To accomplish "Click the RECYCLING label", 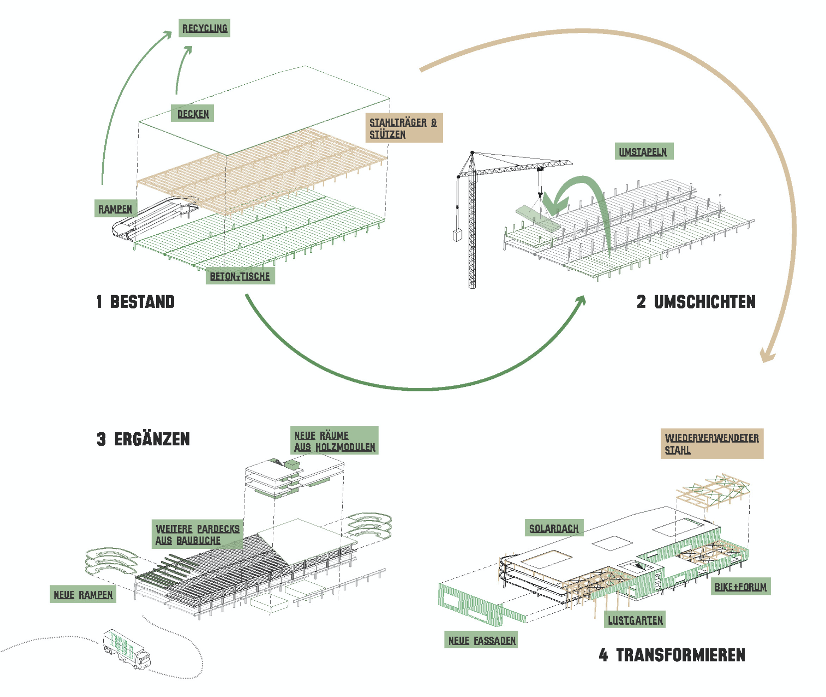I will point(205,28).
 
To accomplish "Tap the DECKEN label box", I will point(193,114).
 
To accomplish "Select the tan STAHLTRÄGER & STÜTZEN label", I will point(404,128).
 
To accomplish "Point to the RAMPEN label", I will point(115,209).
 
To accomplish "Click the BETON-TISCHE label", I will point(240,276).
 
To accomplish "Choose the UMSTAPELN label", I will point(643,152).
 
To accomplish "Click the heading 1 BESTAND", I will point(136,302).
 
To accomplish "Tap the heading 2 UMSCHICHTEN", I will point(696,302).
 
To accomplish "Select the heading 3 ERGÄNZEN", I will point(143,439).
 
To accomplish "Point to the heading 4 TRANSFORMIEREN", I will point(672,655).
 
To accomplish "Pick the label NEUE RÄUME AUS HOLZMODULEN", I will point(334,441).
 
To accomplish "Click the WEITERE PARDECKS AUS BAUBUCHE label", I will point(198,534).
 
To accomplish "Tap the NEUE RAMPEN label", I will point(83,595).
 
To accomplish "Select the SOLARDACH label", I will point(554,528).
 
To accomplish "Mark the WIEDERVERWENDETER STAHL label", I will point(712,444).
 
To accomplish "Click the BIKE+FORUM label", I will point(741,587).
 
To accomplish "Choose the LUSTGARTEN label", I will point(635,620).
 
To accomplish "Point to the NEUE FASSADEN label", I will point(481,640).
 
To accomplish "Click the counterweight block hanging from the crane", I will point(457,235).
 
